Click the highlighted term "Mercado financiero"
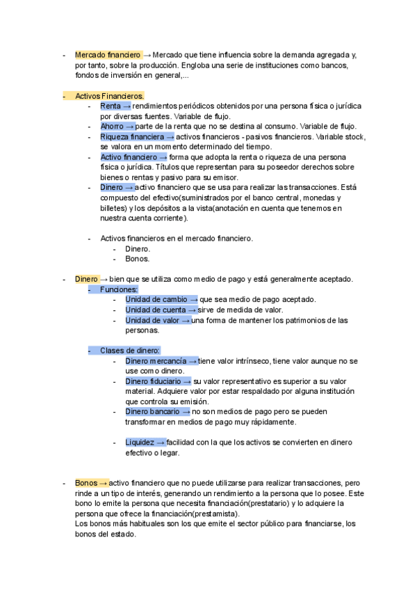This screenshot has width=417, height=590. point(108,54)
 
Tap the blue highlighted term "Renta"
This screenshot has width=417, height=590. point(110,106)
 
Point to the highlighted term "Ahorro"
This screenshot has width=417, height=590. point(113,126)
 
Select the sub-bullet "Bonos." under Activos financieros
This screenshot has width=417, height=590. point(138,259)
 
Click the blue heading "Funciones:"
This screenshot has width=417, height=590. point(119,289)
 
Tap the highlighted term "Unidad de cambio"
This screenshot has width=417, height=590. point(156,300)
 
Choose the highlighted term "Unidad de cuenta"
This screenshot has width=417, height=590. point(155,310)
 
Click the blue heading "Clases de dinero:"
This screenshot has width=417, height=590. point(130,351)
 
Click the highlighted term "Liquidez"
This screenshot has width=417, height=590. point(140,442)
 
